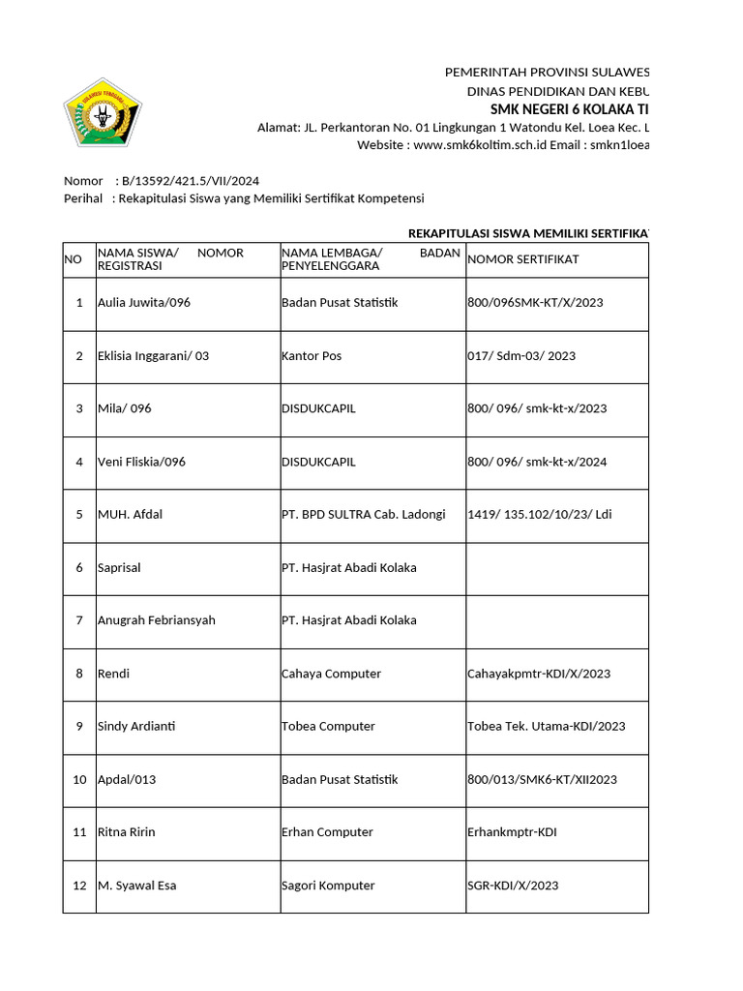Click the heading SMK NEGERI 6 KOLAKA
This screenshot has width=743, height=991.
pyautogui.click(x=570, y=108)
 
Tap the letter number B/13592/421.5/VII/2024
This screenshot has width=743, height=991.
pyautogui.click(x=191, y=180)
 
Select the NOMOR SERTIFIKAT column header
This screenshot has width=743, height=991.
pyautogui.click(x=523, y=259)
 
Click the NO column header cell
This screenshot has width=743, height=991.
pyautogui.click(x=73, y=259)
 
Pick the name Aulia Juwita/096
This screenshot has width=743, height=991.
pyautogui.click(x=144, y=303)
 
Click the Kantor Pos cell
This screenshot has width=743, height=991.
pyautogui.click(x=312, y=356)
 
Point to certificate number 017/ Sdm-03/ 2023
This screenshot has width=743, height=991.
pyautogui.click(x=520, y=356)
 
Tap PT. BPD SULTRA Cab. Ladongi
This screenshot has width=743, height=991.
pyautogui.click(x=363, y=515)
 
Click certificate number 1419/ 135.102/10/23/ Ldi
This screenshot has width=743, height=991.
pyautogui.click(x=539, y=515)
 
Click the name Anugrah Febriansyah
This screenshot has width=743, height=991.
pyautogui.click(x=156, y=620)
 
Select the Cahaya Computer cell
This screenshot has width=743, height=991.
pyautogui.click(x=331, y=674)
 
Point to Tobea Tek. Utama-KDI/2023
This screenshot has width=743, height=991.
pyautogui.click(x=546, y=727)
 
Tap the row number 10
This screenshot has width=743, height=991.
pyautogui.click(x=78, y=780)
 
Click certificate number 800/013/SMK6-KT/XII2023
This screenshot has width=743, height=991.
pyautogui.click(x=542, y=780)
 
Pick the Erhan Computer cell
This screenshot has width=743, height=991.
pyautogui.click(x=327, y=832)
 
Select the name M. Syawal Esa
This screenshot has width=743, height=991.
pyautogui.click(x=136, y=886)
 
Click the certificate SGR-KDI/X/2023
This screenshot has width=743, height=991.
pyautogui.click(x=512, y=886)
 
